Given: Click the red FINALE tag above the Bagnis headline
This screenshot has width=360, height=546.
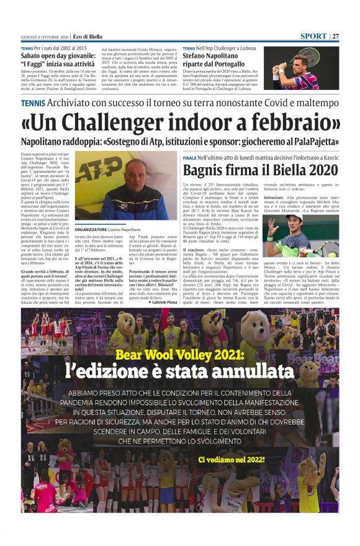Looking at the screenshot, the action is (189, 158).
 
